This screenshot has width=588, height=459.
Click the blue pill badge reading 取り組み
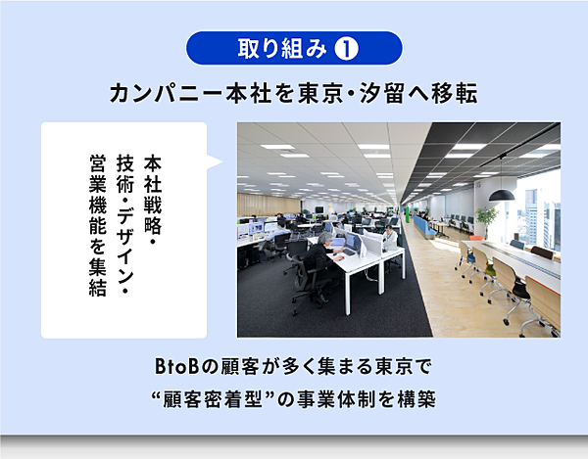click(294, 48)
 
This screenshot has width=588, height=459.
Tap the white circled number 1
click(346, 49)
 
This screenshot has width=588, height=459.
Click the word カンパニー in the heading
click(167, 93)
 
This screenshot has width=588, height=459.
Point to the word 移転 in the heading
click(455, 93)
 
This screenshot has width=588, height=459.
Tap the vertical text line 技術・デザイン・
click(125, 225)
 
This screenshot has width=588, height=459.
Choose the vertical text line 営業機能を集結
click(98, 225)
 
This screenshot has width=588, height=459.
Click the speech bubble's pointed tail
click(215, 162)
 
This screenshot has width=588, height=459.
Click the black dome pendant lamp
click(502, 195)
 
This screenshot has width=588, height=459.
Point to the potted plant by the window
click(486, 220)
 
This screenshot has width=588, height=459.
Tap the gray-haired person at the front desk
click(319, 254)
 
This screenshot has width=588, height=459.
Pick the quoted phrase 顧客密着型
click(212, 399)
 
